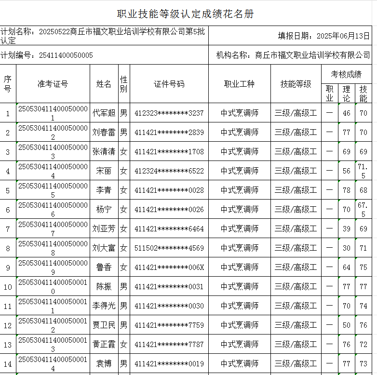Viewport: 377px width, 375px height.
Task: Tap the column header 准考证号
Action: (x=53, y=84)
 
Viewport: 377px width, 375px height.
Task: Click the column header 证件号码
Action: (x=169, y=84)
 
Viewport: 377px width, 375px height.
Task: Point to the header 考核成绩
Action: (x=346, y=74)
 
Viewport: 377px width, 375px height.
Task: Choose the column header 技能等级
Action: (x=296, y=84)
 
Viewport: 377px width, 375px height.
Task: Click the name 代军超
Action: (x=104, y=113)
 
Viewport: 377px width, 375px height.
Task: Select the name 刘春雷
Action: (x=104, y=133)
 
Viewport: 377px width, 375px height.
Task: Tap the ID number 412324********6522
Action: (x=169, y=171)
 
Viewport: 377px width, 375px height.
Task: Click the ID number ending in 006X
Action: (x=169, y=268)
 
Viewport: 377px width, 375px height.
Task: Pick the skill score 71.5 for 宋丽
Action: (x=363, y=171)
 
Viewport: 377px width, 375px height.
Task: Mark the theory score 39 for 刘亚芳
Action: (x=346, y=229)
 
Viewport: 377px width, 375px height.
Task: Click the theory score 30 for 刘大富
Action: (x=346, y=248)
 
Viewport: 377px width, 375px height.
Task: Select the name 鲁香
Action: (x=104, y=268)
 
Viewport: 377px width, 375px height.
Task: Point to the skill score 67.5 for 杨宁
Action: (x=363, y=209)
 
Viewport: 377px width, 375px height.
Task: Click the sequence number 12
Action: (x=8, y=325)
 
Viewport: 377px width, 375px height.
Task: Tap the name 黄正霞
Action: (x=104, y=345)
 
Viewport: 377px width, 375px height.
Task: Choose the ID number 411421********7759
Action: (x=169, y=325)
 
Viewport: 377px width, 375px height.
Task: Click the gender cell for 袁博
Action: (x=124, y=363)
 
